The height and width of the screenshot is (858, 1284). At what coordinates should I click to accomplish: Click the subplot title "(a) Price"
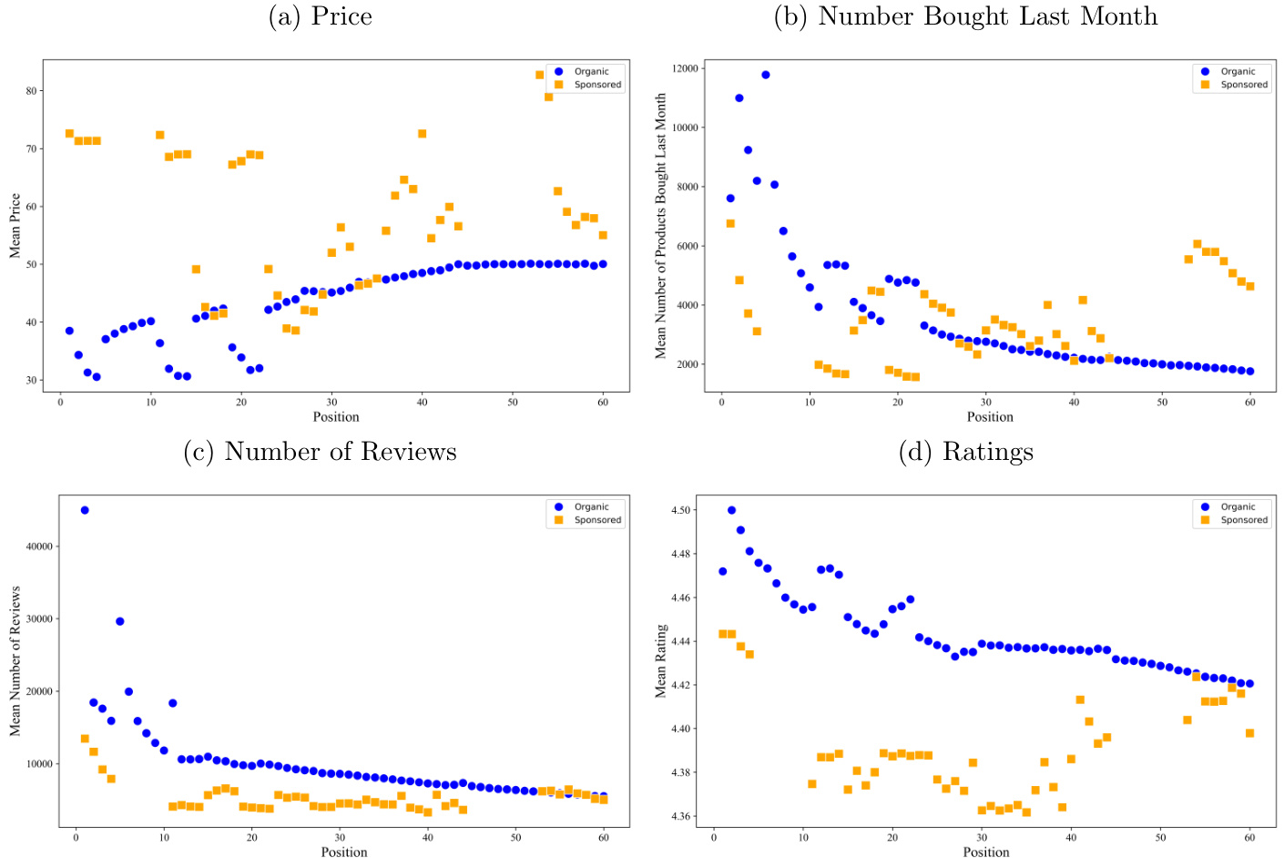(x=320, y=16)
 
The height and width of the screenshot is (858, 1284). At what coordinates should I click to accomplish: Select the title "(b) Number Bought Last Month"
(x=965, y=16)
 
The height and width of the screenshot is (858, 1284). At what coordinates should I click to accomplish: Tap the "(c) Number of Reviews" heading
(x=320, y=452)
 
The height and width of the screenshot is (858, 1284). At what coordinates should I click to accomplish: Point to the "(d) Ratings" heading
(x=965, y=452)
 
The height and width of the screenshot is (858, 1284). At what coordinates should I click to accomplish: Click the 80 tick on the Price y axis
(x=32, y=91)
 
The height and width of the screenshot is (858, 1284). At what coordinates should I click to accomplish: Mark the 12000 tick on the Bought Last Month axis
(x=685, y=69)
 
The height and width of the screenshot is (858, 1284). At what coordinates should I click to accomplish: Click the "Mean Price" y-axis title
(x=15, y=226)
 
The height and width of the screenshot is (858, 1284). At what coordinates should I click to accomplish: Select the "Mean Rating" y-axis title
(x=661, y=661)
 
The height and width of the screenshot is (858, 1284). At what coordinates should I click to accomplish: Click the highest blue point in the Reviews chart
(x=85, y=510)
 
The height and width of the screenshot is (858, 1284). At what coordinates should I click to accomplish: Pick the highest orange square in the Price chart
(x=539, y=75)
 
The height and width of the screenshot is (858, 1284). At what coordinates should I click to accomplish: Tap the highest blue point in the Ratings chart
(x=731, y=510)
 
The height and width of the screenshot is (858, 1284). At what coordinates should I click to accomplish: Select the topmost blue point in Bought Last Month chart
(x=766, y=75)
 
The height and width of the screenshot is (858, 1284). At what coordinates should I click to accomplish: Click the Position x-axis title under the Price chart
(x=336, y=417)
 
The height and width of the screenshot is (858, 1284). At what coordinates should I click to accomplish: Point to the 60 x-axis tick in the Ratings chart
(x=1249, y=837)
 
